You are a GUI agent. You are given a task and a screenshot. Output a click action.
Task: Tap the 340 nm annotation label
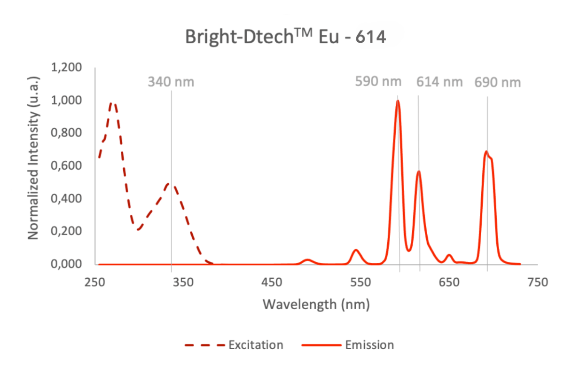coord(171,82)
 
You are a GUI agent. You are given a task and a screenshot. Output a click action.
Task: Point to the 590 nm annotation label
coord(378,82)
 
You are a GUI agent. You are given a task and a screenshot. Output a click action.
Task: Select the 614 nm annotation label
coord(440,82)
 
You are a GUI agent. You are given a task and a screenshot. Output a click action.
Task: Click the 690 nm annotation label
coord(497,83)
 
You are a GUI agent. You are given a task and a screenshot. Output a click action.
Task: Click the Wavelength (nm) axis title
coord(316,305)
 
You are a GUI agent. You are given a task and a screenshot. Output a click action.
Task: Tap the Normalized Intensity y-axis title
coord(33,165)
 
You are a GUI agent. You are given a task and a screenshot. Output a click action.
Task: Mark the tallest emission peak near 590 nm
coord(398,101)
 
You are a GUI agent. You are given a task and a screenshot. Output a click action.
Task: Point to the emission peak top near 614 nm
coord(418,172)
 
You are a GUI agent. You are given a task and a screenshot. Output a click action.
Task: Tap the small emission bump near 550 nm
coord(356,250)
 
